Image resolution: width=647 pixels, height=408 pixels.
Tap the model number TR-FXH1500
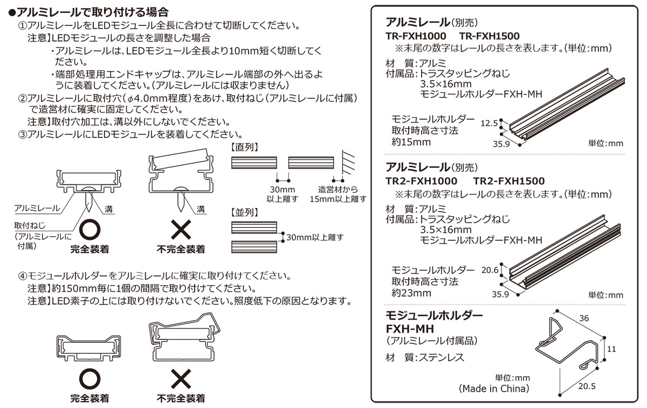click(x=490, y=36)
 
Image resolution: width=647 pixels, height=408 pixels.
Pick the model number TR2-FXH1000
click(x=421, y=181)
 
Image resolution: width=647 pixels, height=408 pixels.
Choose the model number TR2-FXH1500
click(x=509, y=181)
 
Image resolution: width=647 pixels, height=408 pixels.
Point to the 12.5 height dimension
click(x=490, y=123)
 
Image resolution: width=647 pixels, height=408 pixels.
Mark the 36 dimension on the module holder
click(x=583, y=319)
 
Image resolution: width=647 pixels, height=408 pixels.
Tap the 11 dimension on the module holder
click(x=611, y=349)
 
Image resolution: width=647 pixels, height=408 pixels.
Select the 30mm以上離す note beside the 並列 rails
click(x=315, y=237)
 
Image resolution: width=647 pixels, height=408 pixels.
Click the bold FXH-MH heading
click(x=410, y=328)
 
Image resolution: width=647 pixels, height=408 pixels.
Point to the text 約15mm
click(x=411, y=142)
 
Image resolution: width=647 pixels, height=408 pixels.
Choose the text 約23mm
click(x=411, y=293)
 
